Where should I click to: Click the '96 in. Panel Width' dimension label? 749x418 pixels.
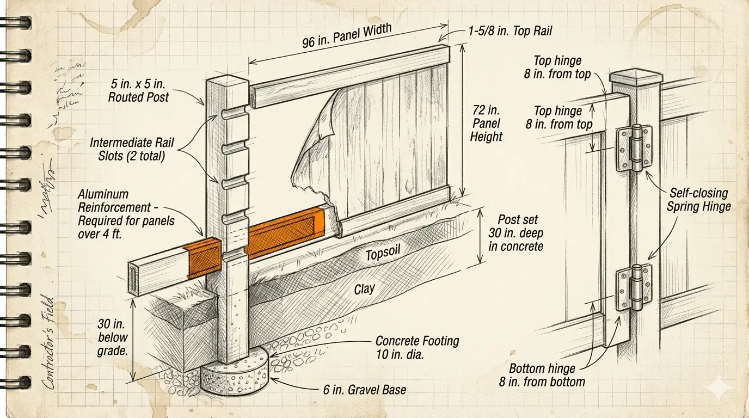click(x=346, y=36)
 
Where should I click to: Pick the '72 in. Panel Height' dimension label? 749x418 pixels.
click(x=486, y=124)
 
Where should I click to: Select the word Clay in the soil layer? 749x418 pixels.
click(x=364, y=288)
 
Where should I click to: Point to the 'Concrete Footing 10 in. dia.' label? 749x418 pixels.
click(x=417, y=348)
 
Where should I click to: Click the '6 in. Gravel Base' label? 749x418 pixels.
click(x=364, y=390)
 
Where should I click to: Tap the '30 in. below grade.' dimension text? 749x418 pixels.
click(x=113, y=337)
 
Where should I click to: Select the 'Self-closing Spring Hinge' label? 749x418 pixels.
click(x=698, y=200)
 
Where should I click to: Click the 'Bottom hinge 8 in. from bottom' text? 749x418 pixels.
click(x=542, y=374)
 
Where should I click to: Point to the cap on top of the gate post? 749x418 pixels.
click(x=637, y=77)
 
